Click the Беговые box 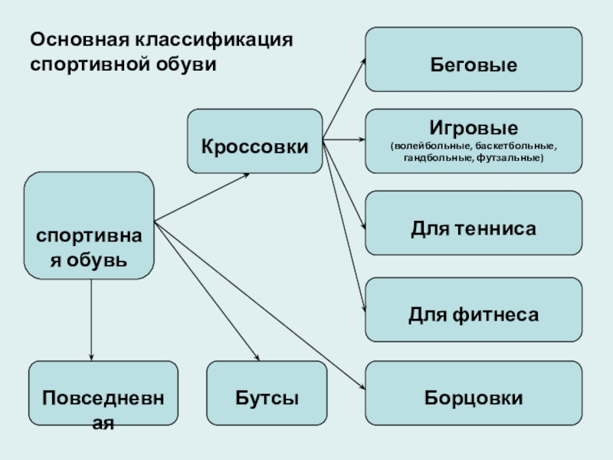(x=473, y=59)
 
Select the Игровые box (x=473, y=140)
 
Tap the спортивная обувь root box (x=90, y=225)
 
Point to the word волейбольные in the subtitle (x=430, y=146)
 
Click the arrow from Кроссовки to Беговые (x=344, y=100)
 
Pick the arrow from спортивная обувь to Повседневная (x=91, y=318)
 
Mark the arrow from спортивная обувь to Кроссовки (x=201, y=198)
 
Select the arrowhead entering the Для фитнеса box (x=361, y=307)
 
